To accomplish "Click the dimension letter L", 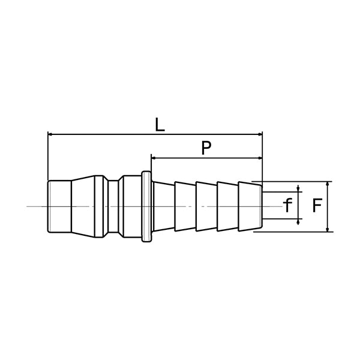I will tap(159, 125).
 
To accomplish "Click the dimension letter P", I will tap(206, 148).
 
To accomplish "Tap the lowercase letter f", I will tap(287, 206).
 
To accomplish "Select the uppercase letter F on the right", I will tap(318, 206).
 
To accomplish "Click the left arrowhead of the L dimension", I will tap(50, 134).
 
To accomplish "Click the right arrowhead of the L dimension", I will tap(259, 134).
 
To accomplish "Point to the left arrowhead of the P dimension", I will tap(154, 158).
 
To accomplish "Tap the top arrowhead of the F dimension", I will tap(326, 184).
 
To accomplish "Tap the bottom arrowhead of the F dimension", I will tap(326, 229).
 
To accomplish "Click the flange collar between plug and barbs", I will tap(146, 207).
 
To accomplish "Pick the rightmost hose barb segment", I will tap(249, 206).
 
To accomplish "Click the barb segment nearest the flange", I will tap(164, 206).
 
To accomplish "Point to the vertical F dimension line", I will tap(326, 206).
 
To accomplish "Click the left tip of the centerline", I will tap(28, 206).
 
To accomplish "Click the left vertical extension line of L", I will tap(47, 156).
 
